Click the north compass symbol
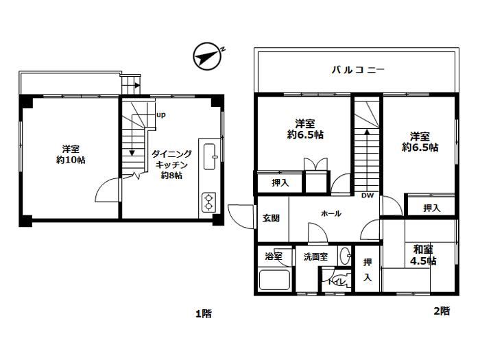click(208, 56)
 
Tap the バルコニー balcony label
click(358, 70)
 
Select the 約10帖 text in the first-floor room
click(71, 160)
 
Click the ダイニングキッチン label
click(171, 159)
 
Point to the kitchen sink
click(210, 156)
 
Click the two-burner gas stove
click(208, 202)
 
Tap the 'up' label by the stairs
click(161, 115)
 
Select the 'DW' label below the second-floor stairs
click(368, 195)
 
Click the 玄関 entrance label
click(272, 218)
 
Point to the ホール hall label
click(331, 213)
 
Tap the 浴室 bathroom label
click(274, 256)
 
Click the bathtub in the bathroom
click(274, 280)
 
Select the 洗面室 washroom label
click(315, 256)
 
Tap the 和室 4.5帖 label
click(423, 255)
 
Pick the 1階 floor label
click(204, 313)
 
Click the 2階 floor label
click(442, 311)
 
